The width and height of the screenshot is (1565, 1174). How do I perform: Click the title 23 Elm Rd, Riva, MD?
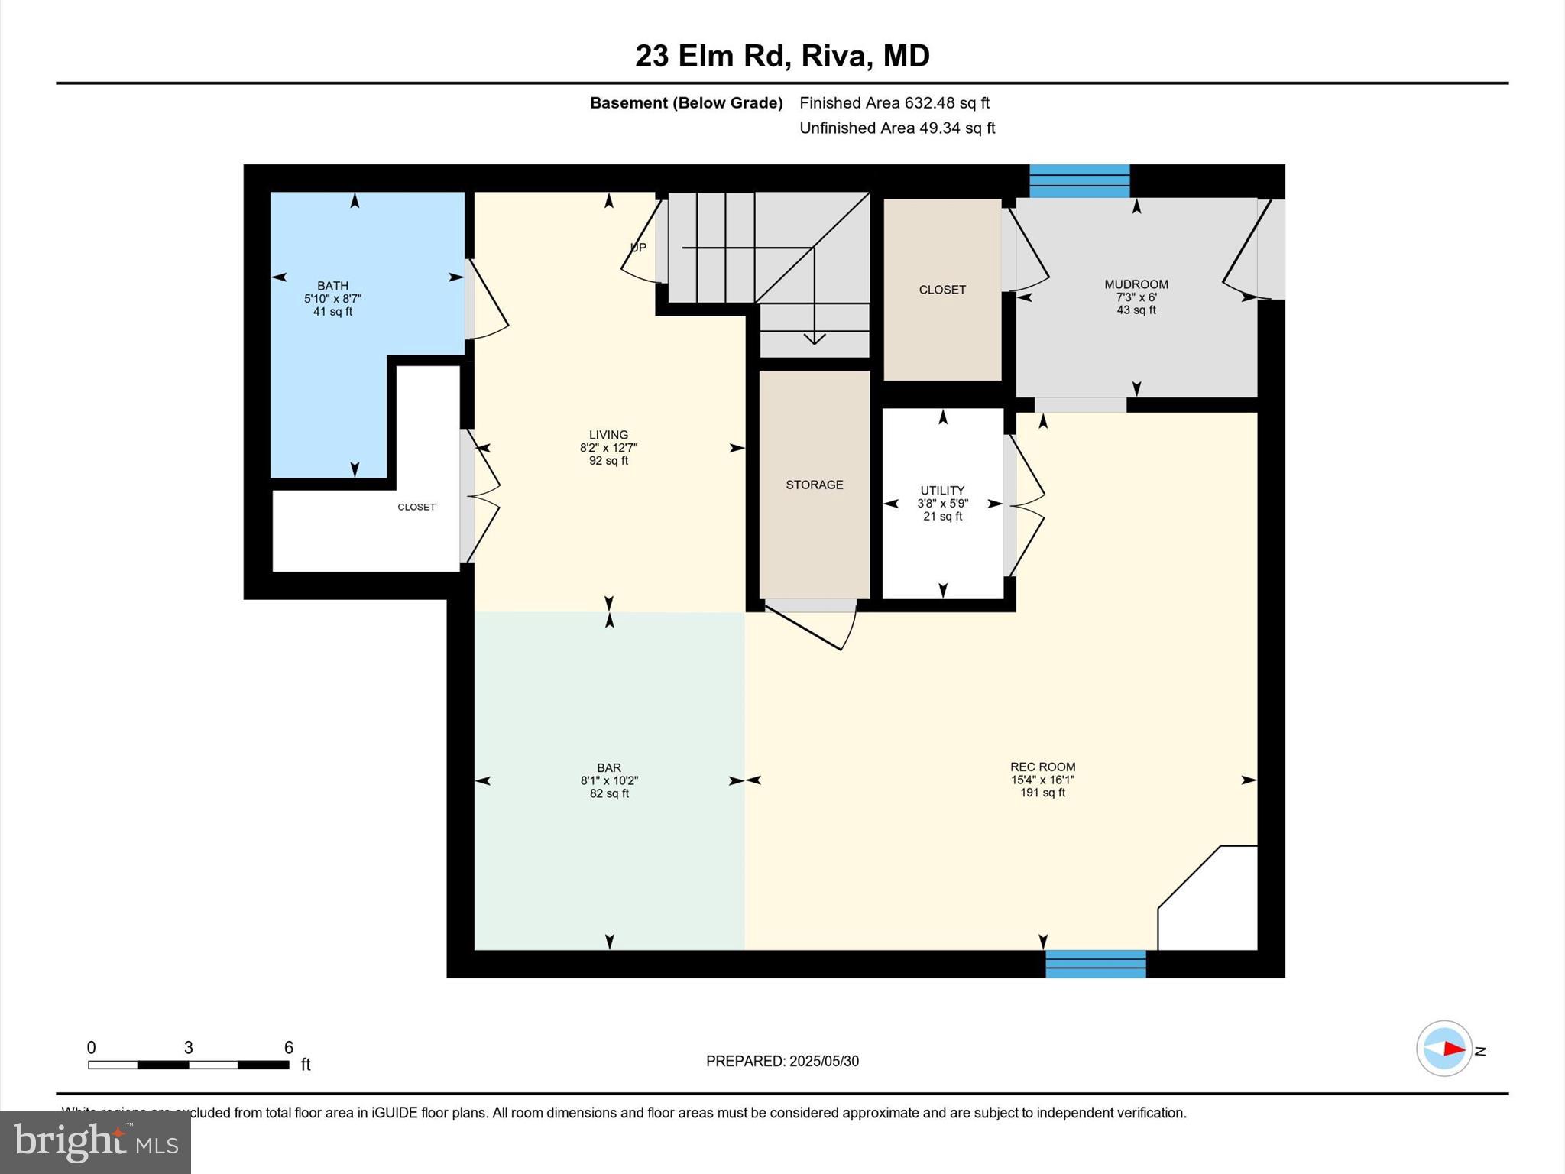[782, 56]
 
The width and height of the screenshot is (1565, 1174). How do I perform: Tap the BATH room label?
[332, 286]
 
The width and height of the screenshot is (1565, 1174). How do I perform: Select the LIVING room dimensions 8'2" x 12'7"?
[608, 448]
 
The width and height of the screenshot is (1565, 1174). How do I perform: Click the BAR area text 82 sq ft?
[608, 793]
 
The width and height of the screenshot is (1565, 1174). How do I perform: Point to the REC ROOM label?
[1042, 767]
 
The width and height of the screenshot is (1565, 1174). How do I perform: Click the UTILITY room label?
[941, 490]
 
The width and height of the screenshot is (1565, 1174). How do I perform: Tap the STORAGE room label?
[814, 485]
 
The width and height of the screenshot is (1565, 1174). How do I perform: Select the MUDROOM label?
[1136, 284]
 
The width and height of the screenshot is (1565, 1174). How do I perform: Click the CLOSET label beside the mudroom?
[941, 290]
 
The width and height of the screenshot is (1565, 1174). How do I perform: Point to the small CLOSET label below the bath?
[416, 507]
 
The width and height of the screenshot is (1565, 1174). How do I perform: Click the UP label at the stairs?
[638, 247]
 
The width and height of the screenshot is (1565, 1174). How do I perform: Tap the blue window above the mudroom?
[1078, 181]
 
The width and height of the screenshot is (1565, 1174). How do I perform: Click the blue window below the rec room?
[1095, 964]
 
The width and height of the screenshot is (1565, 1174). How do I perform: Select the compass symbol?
[1443, 1049]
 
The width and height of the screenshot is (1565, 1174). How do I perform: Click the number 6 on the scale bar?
[288, 1048]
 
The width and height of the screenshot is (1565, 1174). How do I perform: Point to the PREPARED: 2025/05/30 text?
[782, 1061]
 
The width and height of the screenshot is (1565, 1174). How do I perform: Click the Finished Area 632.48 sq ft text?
[894, 102]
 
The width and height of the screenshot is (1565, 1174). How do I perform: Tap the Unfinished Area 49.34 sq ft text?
[896, 128]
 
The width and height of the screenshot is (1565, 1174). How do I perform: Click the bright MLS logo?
[96, 1142]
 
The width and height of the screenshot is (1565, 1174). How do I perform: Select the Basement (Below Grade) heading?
[685, 102]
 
